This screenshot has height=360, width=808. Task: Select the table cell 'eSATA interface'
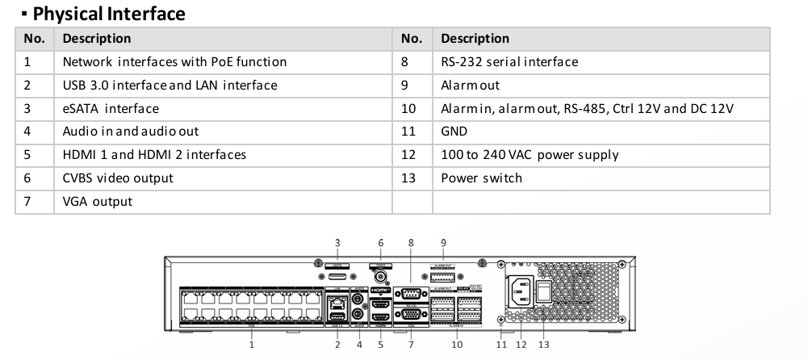pyautogui.click(x=111, y=108)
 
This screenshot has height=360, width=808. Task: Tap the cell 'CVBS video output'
pyautogui.click(x=118, y=178)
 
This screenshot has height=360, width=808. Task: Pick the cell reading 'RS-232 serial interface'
pyautogui.click(x=509, y=61)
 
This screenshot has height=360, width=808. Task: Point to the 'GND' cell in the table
pyautogui.click(x=454, y=131)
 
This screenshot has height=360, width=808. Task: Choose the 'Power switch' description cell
pyautogui.click(x=481, y=178)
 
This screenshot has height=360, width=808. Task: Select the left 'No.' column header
pyautogui.click(x=34, y=38)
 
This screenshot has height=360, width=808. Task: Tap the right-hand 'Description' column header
pyautogui.click(x=475, y=38)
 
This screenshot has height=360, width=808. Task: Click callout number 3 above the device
pyautogui.click(x=337, y=242)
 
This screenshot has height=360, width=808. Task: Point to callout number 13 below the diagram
pyautogui.click(x=543, y=345)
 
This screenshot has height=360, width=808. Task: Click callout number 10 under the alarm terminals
pyautogui.click(x=456, y=345)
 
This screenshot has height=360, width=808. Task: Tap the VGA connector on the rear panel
pyautogui.click(x=409, y=315)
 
